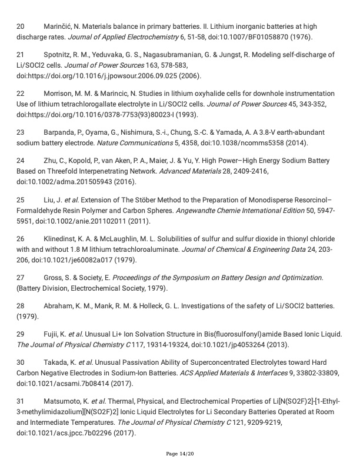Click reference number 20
[21, 27]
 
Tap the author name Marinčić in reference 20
[61, 27]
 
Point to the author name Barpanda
[61, 132]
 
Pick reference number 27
[21, 278]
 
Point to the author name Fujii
[52, 334]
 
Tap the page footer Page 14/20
[180, 454]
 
